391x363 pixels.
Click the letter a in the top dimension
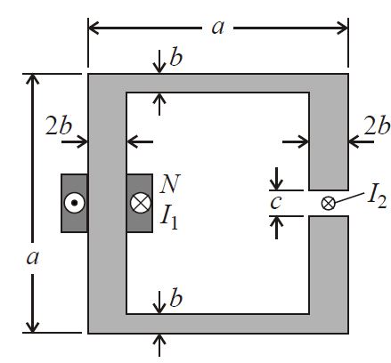[x=217, y=28]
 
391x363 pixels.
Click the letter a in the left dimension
[x=32, y=258]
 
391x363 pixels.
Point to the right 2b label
[x=377, y=125]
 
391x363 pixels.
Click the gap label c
[x=276, y=203]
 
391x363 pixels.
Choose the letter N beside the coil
[x=169, y=184]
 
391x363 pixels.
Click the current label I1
[x=169, y=219]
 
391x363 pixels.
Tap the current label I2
[x=377, y=198]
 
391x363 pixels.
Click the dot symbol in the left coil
[x=75, y=203]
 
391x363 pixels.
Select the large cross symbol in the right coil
[x=141, y=203]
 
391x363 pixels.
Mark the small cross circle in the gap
[x=328, y=203]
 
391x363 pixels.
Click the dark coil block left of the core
[x=74, y=203]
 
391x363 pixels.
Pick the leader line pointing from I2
[x=350, y=198]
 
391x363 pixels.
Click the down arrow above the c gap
[x=276, y=179]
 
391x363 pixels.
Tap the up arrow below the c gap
[x=276, y=228]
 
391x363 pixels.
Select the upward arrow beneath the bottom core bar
[x=160, y=345]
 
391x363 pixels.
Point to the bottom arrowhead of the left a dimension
[x=32, y=327]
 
